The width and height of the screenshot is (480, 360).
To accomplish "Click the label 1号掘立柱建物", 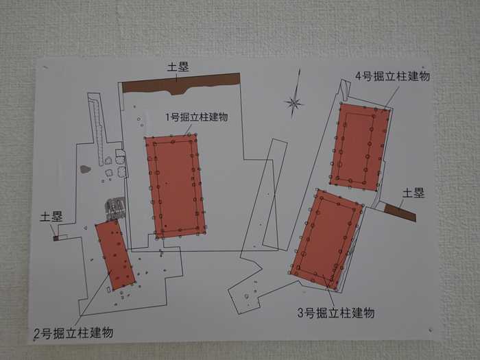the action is point(197,117).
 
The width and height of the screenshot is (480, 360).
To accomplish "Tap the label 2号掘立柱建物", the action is point(73,333).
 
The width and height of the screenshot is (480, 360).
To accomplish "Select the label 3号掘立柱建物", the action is point(336,313).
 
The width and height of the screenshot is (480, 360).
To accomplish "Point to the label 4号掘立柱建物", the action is point(392,76).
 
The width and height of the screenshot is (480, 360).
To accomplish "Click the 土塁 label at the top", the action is point(178,67).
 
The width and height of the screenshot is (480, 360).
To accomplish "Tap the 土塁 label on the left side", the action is point(51,217).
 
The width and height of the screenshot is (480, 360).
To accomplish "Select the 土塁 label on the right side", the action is point(413,193).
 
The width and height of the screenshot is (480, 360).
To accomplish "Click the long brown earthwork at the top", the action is point(180,84).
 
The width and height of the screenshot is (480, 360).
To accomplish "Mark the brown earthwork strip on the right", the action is point(400,212).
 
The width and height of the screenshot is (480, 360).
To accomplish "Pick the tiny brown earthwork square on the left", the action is point(56,238).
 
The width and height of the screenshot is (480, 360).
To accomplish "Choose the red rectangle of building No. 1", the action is point(176,186).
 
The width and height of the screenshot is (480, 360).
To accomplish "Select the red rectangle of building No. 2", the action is point(115,255).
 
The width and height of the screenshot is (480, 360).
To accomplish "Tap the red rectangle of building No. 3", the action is point(326,239).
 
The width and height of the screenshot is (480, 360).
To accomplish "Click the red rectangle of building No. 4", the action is point(360,147).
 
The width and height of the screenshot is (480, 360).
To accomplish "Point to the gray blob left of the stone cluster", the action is point(86,169).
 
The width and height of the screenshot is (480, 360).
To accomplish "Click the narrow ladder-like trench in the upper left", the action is point(97,129).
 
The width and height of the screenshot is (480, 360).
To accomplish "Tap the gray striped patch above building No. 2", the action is point(115,208).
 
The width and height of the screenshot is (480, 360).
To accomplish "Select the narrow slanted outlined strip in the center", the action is point(275,194).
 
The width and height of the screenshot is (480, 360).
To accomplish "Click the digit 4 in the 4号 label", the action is point(359,76).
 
